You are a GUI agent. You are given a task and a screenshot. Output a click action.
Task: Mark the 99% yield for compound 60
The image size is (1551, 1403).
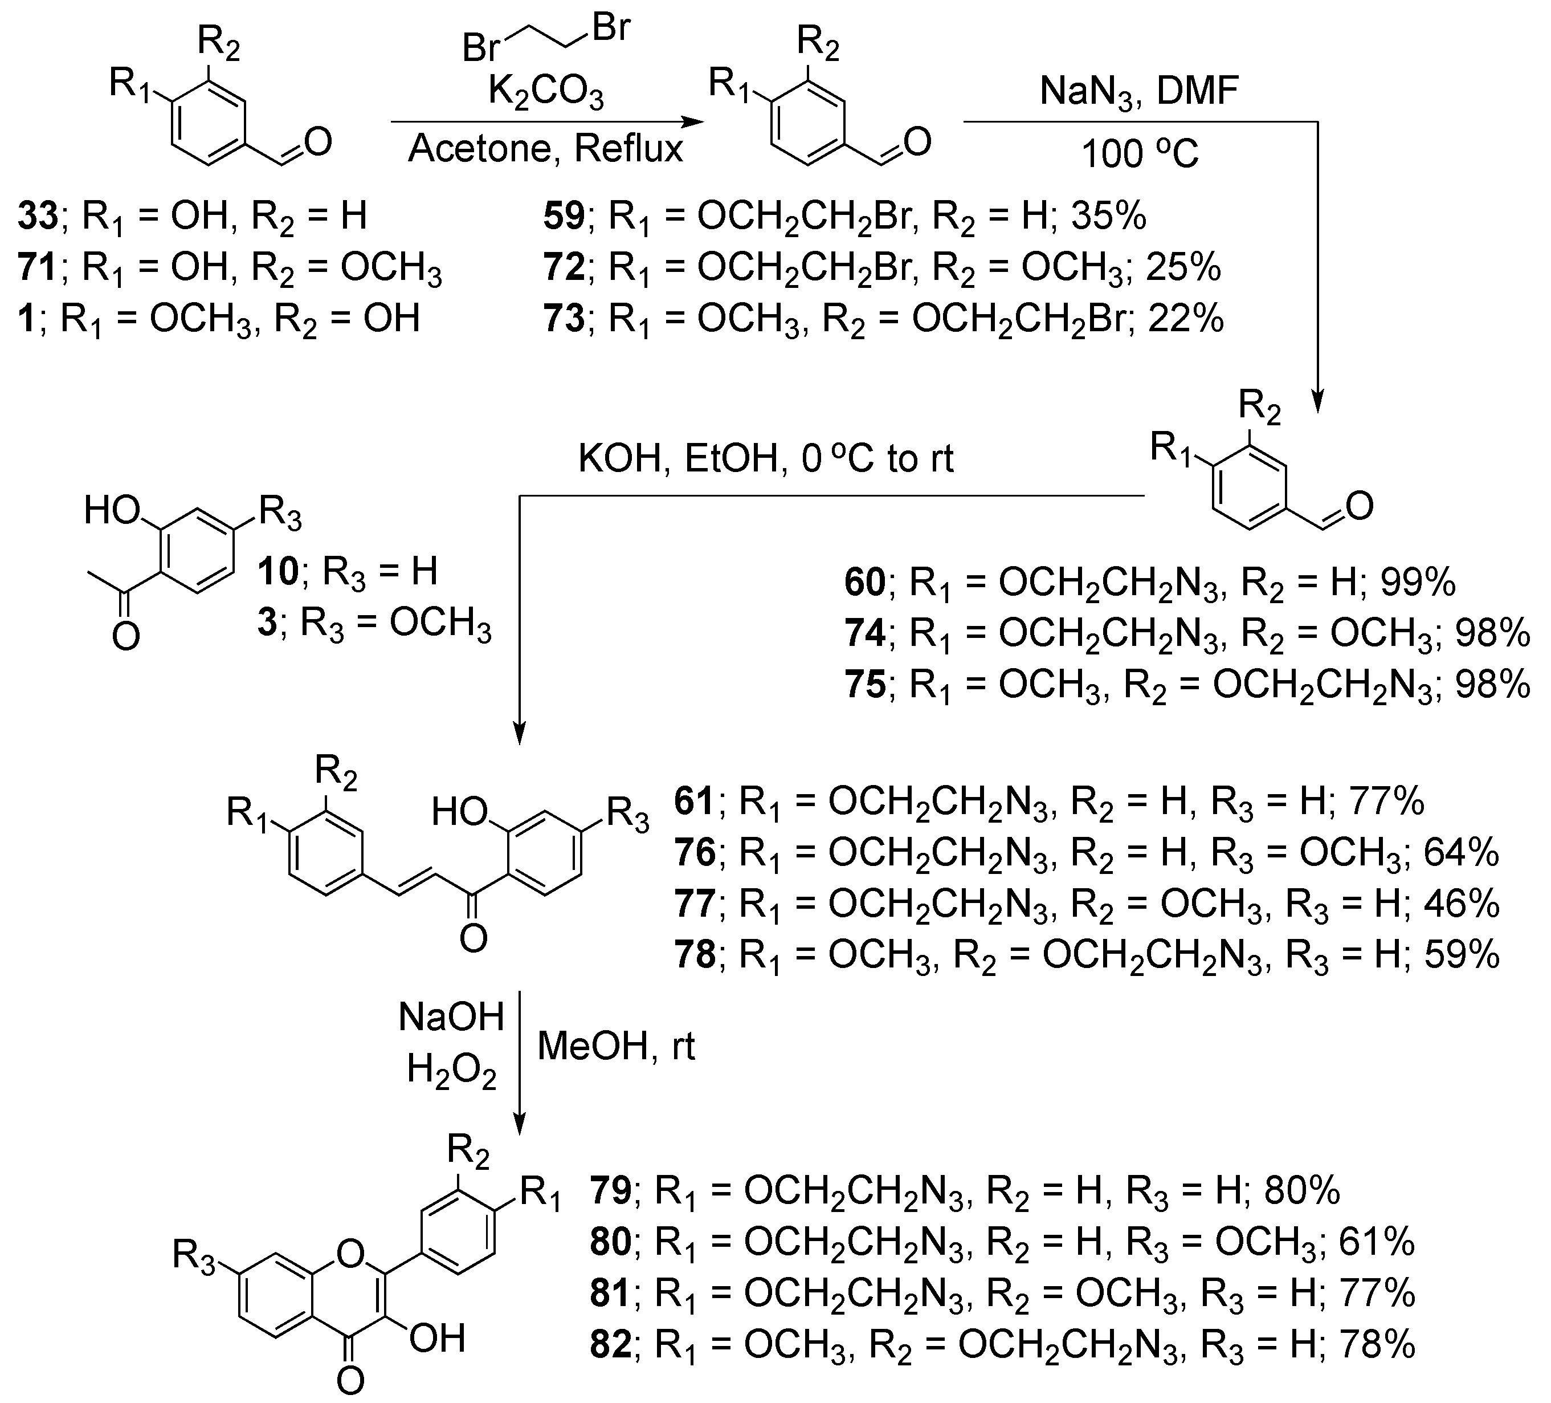coord(1418,583)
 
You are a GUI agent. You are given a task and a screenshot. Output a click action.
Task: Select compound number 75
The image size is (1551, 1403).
coord(865,684)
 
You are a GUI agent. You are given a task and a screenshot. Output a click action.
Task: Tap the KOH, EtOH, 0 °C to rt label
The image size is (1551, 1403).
coord(765,459)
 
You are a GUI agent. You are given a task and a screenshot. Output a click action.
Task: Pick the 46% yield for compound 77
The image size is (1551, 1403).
coord(1461,904)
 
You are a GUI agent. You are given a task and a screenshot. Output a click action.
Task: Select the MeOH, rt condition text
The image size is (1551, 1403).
coord(615,1047)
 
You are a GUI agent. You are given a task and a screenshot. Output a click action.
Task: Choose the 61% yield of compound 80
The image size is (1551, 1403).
coord(1377,1242)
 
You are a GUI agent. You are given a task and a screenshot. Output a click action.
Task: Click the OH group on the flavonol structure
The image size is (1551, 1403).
coord(437,1339)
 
